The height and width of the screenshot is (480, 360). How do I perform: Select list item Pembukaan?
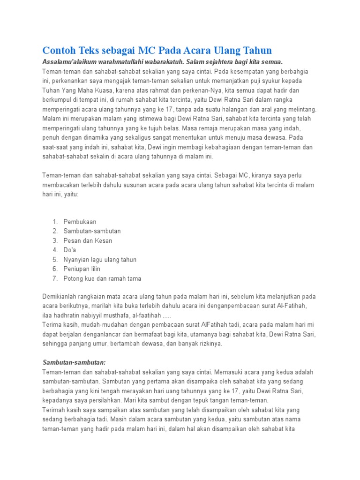[80, 222]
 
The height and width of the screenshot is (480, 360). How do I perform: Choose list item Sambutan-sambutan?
[92, 231]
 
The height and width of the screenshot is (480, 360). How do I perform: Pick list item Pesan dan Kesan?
[88, 240]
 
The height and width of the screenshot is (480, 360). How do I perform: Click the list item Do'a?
[70, 250]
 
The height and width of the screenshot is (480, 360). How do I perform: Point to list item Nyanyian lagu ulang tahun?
[100, 259]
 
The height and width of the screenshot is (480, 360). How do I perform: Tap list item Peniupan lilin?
[82, 269]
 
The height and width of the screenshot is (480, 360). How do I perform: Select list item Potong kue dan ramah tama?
[102, 278]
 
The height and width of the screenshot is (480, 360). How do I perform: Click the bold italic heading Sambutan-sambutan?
[74, 363]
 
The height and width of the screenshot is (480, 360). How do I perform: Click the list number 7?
[54, 278]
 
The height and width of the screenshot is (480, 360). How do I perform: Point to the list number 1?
[54, 222]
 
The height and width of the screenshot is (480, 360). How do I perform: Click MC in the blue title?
[160, 51]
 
